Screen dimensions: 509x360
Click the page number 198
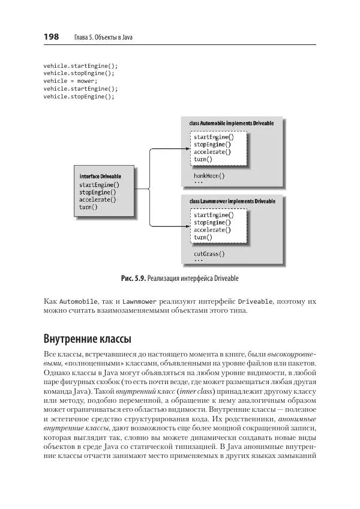[x=51, y=37]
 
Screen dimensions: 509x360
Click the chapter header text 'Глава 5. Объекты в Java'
[x=103, y=38]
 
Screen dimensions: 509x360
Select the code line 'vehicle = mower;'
[x=70, y=80]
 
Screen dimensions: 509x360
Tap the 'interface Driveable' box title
[x=100, y=176]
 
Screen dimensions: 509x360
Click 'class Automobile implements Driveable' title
[x=231, y=123]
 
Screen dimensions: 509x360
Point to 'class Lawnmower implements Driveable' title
[x=232, y=202]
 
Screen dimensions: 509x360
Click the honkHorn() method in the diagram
[x=209, y=176]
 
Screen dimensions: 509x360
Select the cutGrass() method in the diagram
[x=209, y=254]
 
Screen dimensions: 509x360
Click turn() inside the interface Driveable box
[x=88, y=207]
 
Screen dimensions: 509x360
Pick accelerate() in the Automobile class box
[x=212, y=152]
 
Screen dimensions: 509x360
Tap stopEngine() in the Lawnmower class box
[x=212, y=222]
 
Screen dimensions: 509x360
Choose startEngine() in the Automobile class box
[x=214, y=137]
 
